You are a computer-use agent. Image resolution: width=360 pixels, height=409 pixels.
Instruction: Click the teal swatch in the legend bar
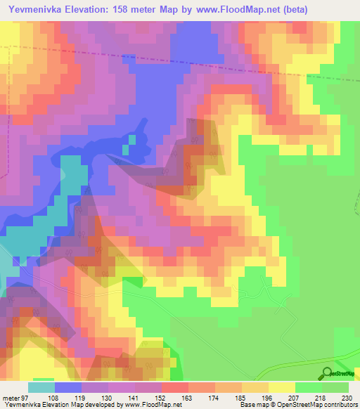tap(41, 387)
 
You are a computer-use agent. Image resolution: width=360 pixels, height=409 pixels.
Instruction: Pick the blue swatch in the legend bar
tap(68, 387)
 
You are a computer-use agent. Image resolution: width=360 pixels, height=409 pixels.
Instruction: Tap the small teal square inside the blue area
tap(126, 149)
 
